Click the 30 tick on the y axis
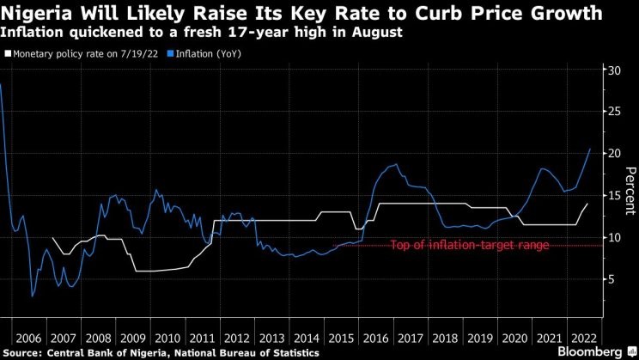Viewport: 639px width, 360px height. pyautogui.click(x=615, y=70)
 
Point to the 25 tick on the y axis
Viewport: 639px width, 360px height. pyautogui.click(x=615, y=112)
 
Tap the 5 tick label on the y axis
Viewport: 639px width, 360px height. pyautogui.click(x=612, y=279)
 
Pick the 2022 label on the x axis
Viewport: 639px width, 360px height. pyautogui.click(x=580, y=338)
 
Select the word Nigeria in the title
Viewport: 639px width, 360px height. pyautogui.click(x=38, y=14)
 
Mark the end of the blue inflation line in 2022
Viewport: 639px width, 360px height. pyautogui.click(x=590, y=149)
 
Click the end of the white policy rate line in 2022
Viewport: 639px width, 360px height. pyautogui.click(x=587, y=204)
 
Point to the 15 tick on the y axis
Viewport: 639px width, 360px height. pyautogui.click(x=615, y=195)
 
